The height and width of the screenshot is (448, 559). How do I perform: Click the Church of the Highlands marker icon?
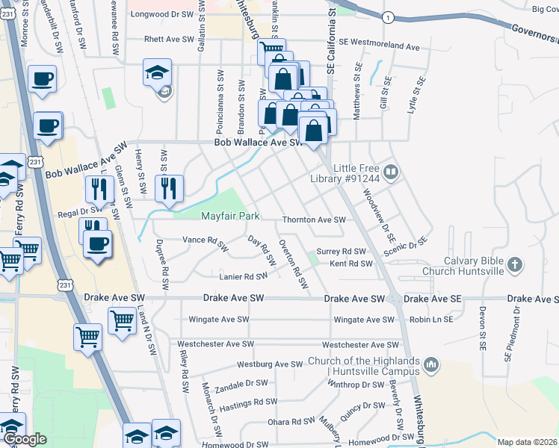[430, 364]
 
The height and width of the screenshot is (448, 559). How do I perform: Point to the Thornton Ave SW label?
[314, 220]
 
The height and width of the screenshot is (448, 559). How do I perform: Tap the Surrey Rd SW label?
[341, 252]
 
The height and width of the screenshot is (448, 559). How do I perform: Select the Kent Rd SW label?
[350, 264]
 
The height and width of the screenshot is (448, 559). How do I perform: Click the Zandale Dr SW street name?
[241, 383]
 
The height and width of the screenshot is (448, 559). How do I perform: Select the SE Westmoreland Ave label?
[379, 46]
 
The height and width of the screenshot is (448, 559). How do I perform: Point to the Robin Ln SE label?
[430, 319]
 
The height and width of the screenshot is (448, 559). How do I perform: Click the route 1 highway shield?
[388, 16]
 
